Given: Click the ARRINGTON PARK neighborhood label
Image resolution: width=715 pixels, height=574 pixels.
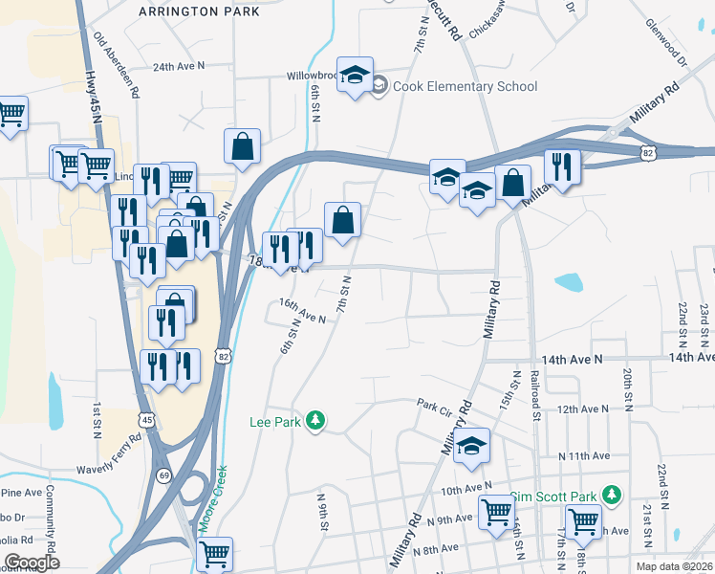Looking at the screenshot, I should coord(198,11).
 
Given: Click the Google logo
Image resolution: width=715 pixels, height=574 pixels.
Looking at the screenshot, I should coord(31,563).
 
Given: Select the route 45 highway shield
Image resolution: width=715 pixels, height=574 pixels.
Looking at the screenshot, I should coord(146,419).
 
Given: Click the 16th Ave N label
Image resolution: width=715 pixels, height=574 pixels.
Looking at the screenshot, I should coord(302,309).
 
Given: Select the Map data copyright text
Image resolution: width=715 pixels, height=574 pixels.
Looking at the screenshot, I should coord(672,566).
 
